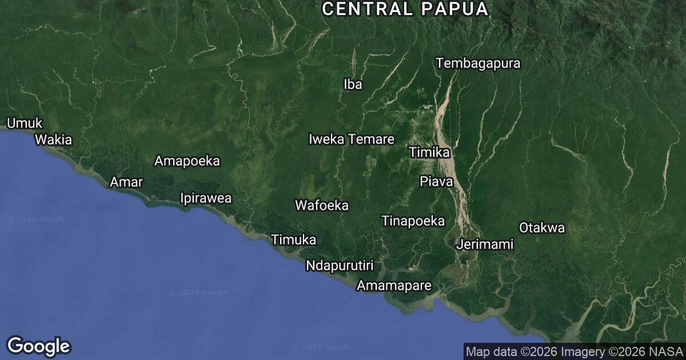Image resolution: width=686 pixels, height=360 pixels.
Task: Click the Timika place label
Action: pos(429,152)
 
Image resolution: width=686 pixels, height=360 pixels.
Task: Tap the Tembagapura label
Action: pos(478,63)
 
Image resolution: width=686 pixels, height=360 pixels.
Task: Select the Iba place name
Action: pos(353,85)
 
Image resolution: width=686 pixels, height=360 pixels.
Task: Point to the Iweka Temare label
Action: pos(351,139)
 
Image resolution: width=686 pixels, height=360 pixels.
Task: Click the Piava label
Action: pos(436,182)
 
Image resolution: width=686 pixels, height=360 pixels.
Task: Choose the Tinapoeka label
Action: pos(413,221)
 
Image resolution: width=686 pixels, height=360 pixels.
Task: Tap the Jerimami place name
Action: pos(485,245)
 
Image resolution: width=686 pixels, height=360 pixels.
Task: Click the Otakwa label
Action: pos(541,228)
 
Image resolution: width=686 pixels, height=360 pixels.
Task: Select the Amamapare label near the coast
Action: pos(393,286)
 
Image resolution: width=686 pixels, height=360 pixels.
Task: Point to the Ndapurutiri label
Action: pos(340,266)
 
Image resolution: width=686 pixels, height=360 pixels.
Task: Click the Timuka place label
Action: pos(293,240)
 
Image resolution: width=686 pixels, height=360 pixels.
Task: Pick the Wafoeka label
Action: pos(321,205)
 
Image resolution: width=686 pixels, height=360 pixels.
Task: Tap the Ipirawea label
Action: pos(206,198)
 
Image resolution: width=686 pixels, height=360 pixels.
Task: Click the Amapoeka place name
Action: pos(187,161)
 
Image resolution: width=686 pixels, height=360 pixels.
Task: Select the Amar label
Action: pos(126,182)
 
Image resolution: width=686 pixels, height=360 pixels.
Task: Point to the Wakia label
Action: pos(54,139)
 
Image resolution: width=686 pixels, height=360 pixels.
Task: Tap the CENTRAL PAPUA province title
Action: pos(405,9)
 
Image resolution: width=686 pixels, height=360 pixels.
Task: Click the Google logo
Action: pos(39,346)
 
